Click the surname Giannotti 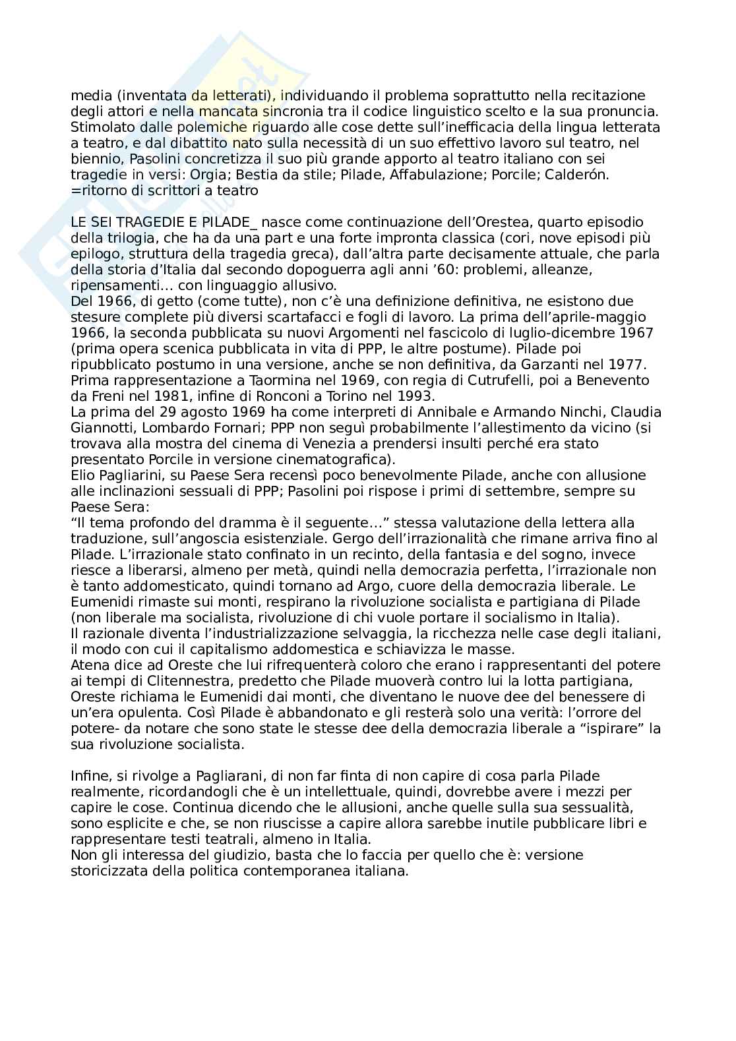point(102,428)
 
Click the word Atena point(88,665)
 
